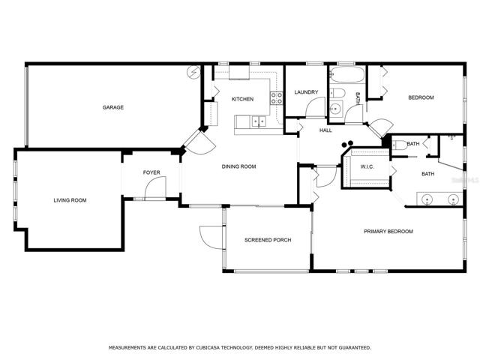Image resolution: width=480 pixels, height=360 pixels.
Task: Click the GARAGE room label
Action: [113, 107]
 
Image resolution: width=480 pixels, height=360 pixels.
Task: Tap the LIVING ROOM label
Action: [70, 200]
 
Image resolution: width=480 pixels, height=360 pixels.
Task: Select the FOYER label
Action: [151, 172]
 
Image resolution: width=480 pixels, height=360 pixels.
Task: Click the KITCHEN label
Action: [242, 99]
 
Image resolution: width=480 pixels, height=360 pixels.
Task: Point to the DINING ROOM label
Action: [238, 166]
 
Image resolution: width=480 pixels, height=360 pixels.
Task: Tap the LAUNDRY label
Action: [306, 92]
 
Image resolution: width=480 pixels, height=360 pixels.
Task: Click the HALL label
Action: [325, 130]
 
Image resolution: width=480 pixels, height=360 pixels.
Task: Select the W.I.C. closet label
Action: [367, 166]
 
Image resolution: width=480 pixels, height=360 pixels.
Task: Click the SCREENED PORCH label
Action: [268, 240]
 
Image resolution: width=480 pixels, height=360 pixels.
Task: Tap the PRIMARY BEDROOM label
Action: [388, 232]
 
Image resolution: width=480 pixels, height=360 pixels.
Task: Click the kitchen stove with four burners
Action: [277, 98]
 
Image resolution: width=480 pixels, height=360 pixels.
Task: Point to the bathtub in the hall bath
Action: [346, 75]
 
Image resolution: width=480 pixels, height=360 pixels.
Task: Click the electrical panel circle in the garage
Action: [193, 72]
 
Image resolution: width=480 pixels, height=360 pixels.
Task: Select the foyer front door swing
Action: [155, 187]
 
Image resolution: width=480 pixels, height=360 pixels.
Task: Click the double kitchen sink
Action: [259, 121]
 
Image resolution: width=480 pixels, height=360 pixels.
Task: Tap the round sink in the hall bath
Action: [336, 108]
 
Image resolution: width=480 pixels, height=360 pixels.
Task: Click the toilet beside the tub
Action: [337, 93]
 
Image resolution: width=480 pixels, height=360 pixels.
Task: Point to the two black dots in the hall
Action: [348, 144]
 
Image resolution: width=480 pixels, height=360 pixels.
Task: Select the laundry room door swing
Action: [315, 107]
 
